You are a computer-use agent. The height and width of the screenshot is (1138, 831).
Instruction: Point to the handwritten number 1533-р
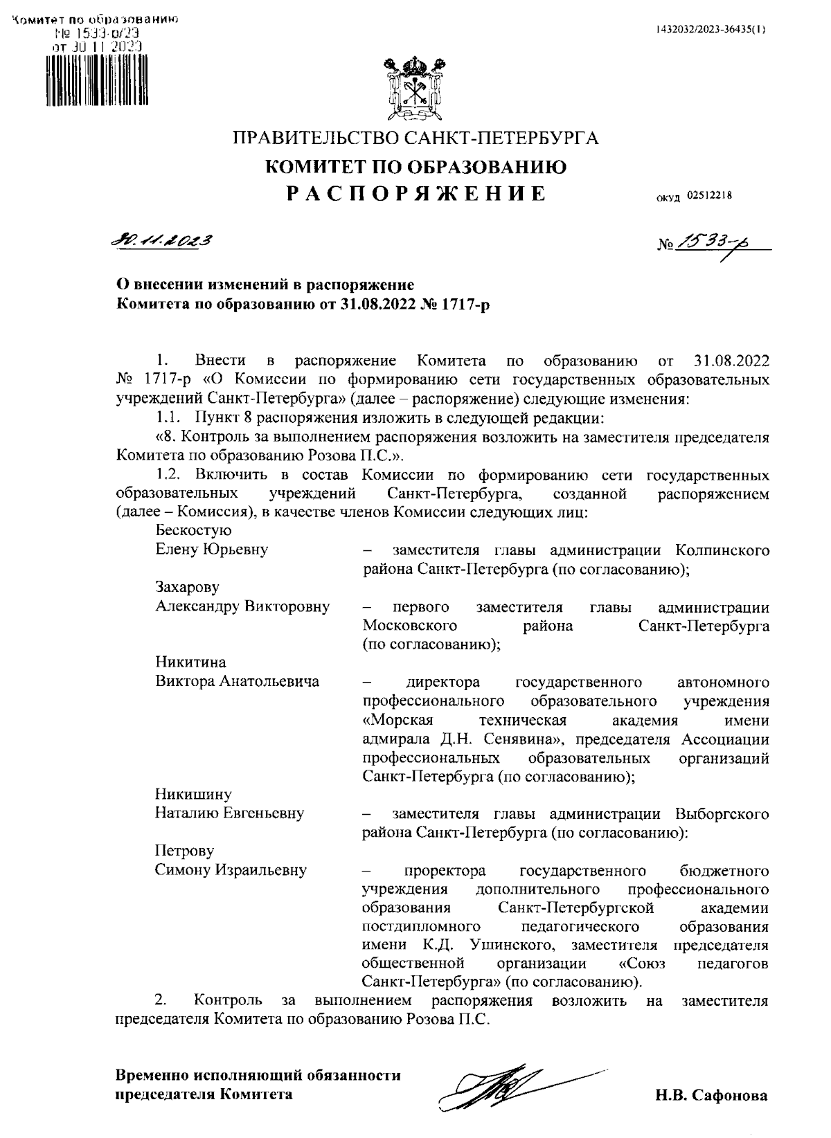713,242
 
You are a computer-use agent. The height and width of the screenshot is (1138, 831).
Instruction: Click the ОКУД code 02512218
709,196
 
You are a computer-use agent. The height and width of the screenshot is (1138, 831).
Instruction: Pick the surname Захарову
187,588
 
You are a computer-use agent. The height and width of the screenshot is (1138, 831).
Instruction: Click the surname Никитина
190,662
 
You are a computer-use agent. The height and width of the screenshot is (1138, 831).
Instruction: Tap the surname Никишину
193,794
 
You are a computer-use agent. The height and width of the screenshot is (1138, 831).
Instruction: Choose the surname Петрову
184,850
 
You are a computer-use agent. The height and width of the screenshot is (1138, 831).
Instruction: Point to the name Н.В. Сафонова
711,1096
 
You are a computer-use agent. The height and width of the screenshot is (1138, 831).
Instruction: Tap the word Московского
409,626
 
